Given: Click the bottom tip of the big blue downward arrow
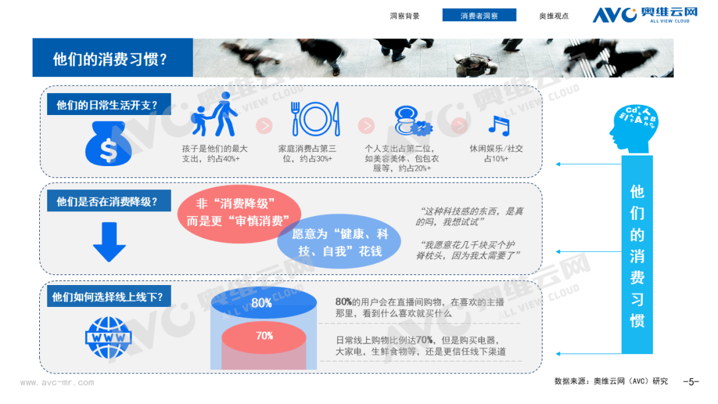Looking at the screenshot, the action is click(109, 262).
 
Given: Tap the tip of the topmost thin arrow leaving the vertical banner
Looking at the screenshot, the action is click(556, 164).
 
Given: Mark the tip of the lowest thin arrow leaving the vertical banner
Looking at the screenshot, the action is click(556, 353).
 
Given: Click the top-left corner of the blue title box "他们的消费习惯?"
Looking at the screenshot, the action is click(33, 39).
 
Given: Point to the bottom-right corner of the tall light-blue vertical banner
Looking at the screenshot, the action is click(653, 353).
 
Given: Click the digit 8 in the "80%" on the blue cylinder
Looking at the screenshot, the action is click(255, 303).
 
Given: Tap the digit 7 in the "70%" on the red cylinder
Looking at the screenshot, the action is click(259, 336).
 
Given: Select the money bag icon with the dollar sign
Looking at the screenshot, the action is click(108, 144).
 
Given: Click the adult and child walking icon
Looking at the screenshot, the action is click(214, 114).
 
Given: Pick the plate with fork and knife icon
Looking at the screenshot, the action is click(316, 119).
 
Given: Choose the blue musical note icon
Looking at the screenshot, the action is click(499, 126).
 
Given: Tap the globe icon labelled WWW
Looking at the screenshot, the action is click(108, 338).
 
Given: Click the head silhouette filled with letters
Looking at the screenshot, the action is click(634, 129).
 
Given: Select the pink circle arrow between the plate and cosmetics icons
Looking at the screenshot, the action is click(366, 126).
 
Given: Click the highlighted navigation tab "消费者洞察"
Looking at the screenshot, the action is click(479, 15).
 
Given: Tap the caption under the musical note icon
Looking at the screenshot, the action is click(497, 153).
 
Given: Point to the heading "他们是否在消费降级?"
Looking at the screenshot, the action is click(106, 202).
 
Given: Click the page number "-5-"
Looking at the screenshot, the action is click(691, 381).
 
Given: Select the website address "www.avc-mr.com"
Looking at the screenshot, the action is click(57, 383).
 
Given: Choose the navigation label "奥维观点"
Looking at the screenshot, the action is click(554, 16).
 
